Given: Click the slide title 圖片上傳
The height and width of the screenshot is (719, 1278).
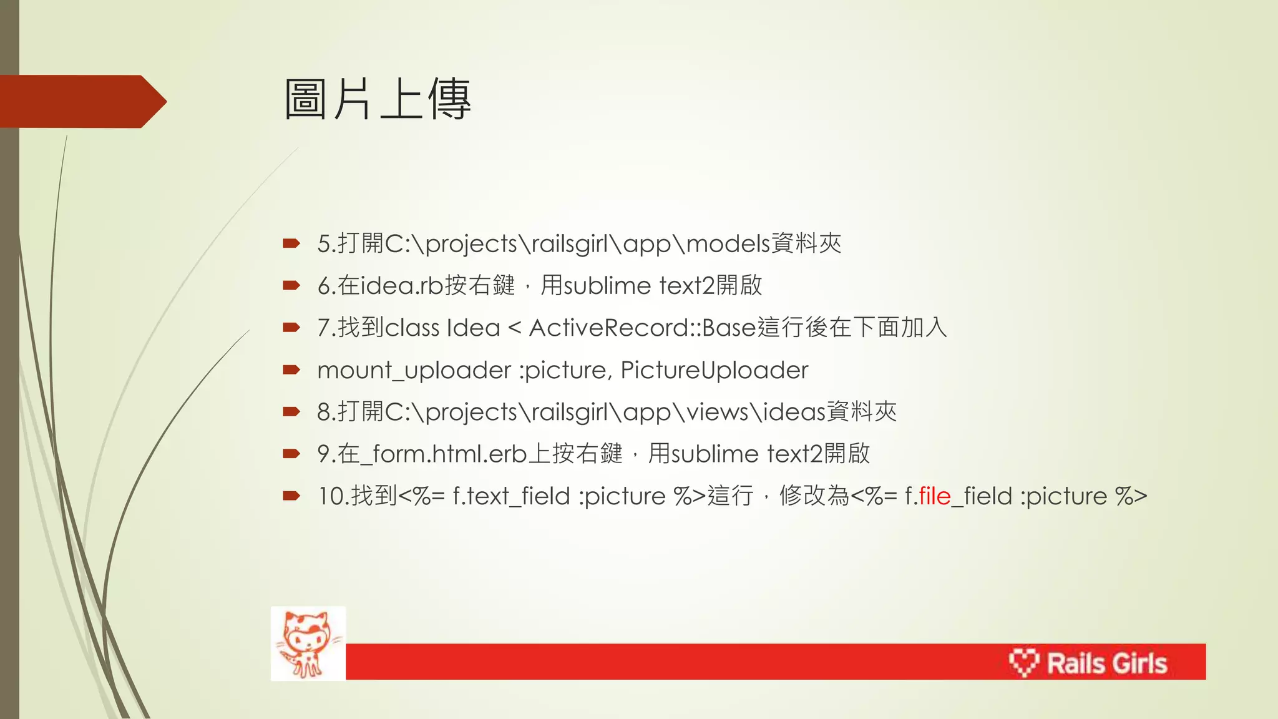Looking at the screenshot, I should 377,100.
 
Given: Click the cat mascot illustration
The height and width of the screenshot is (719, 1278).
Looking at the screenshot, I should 308,643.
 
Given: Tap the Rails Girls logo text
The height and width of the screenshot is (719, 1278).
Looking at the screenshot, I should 1106,663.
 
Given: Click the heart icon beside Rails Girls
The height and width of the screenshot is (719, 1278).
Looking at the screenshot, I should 1023,662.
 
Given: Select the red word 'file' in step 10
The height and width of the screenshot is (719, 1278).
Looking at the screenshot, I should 934,496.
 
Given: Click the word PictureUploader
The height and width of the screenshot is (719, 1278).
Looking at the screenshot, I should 714,370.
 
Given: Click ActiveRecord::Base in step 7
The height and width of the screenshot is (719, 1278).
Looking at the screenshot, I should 642,328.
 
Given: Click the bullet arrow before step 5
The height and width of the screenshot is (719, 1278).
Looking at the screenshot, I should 291,243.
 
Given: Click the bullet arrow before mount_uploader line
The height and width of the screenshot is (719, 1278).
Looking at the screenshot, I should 291,370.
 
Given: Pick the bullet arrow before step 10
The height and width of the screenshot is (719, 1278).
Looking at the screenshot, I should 291,496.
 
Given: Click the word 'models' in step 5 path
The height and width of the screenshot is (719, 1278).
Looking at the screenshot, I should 728,243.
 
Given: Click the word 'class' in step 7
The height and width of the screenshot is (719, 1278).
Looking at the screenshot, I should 412,328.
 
